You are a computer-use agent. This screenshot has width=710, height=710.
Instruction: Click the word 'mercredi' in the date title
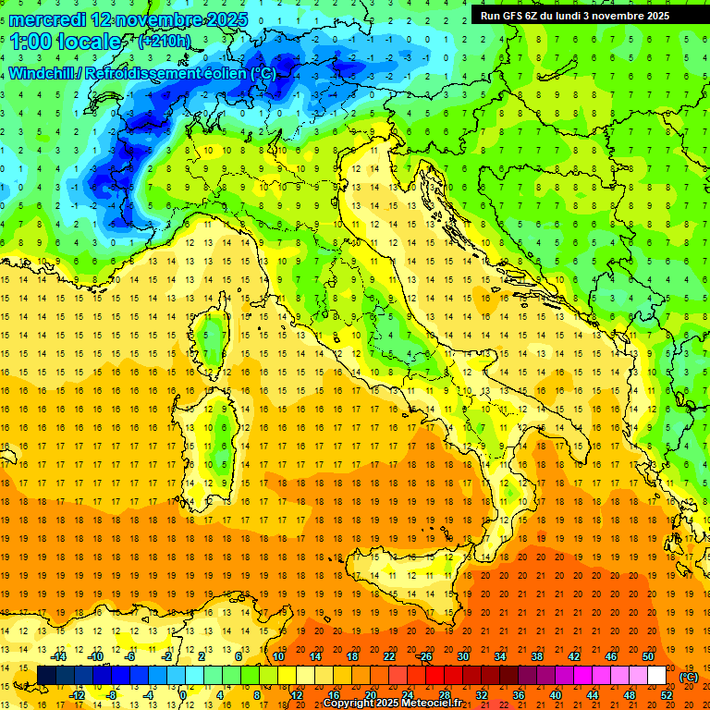pyautogui.click(x=45, y=19)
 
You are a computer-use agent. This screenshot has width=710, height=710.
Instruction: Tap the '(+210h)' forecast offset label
pyautogui.click(x=165, y=42)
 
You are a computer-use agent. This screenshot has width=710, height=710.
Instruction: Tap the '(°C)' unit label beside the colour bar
pyautogui.click(x=689, y=677)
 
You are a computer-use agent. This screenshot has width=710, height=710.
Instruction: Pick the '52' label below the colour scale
pyautogui.click(x=667, y=694)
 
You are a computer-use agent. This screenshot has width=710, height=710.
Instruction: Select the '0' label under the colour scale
pyautogui.click(x=183, y=694)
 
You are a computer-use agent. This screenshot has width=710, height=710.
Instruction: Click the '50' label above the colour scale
pyautogui.click(x=647, y=656)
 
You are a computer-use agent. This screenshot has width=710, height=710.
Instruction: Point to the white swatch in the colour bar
pyautogui.click(x=656, y=676)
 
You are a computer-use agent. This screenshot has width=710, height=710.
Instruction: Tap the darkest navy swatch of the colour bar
pyautogui.click(x=46, y=676)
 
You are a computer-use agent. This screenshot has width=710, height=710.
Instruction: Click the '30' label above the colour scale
pyautogui.click(x=462, y=656)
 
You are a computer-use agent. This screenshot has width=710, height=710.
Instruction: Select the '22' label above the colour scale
pyautogui.click(x=388, y=656)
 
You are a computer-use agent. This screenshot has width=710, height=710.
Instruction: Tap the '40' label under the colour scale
pyautogui.click(x=556, y=694)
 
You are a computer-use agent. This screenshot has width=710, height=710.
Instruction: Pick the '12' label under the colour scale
pyautogui.click(x=297, y=694)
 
